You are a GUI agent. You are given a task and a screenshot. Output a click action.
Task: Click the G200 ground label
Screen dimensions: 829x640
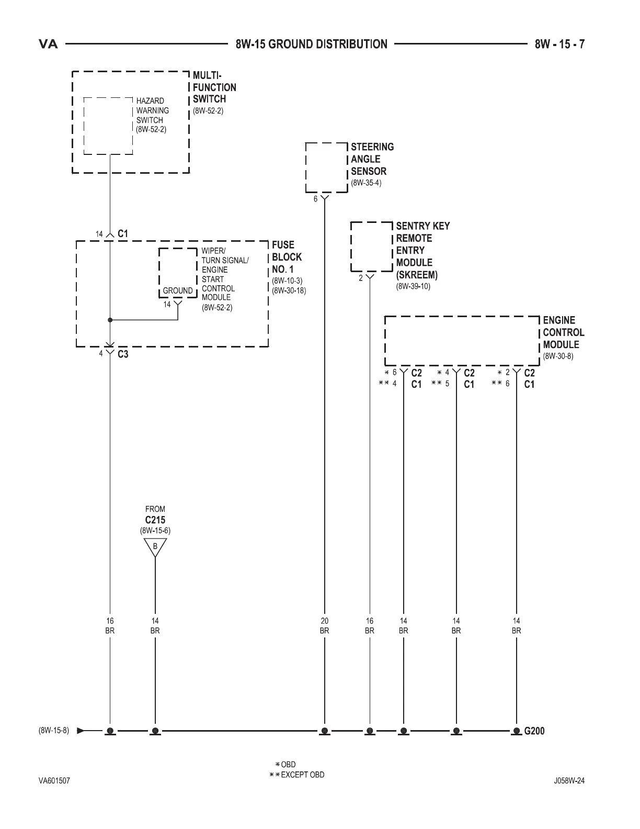[534, 731]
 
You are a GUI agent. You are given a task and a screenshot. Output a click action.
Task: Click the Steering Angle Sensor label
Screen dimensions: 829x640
[372, 159]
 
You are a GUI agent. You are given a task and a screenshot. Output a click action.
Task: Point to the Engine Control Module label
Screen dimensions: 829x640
[563, 332]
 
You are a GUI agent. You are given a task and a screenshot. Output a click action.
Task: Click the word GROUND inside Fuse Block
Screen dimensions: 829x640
[178, 290]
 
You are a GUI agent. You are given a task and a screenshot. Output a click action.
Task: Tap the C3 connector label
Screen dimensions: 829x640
[123, 354]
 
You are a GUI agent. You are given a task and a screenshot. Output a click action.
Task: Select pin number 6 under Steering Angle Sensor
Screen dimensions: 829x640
[315, 199]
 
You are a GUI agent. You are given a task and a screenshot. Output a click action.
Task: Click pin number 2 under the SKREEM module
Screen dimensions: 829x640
[361, 278]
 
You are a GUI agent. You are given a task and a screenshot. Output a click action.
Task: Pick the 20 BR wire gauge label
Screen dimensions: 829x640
[324, 626]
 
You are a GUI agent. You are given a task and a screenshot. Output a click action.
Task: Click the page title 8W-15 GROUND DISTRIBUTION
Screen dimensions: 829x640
[312, 44]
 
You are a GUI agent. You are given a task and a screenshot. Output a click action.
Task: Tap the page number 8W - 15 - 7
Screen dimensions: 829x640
[559, 44]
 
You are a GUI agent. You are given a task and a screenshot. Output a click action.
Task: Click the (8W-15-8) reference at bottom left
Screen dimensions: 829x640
[53, 731]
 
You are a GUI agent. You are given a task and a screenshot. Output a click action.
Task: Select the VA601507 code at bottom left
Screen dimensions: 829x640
[54, 781]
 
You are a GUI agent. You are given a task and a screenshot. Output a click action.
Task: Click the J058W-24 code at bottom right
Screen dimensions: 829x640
[569, 781]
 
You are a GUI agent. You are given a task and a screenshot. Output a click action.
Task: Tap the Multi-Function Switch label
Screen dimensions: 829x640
[214, 87]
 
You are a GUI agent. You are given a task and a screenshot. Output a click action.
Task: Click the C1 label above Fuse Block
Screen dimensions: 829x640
[123, 234]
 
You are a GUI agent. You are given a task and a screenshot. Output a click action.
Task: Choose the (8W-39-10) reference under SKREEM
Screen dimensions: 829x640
[413, 286]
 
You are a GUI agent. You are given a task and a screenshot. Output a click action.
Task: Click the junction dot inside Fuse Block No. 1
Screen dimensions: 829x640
[110, 320]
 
